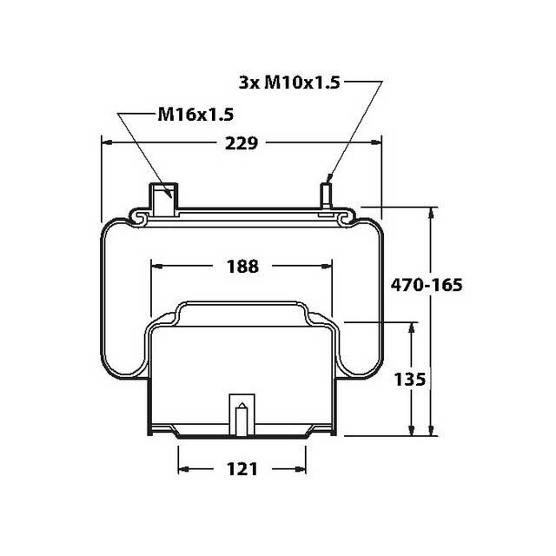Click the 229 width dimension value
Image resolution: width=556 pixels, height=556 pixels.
click(241, 143)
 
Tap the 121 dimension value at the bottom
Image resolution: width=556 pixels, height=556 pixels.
click(242, 469)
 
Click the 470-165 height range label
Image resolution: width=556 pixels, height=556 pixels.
click(426, 284)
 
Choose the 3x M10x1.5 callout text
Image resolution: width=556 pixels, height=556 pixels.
click(288, 83)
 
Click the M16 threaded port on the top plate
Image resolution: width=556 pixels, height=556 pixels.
click(162, 196)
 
